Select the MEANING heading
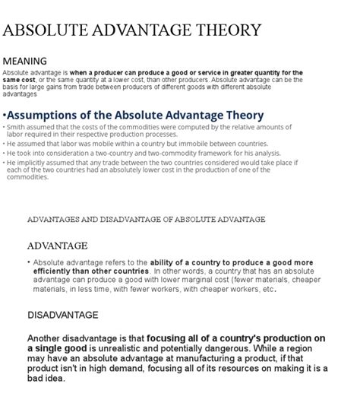tap(25, 61)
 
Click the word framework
tap(214, 153)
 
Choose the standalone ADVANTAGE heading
tap(57, 246)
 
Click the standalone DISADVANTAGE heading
tap(63, 315)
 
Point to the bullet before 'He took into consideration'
tap(4, 153)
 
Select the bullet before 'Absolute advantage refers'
tap(29, 262)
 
